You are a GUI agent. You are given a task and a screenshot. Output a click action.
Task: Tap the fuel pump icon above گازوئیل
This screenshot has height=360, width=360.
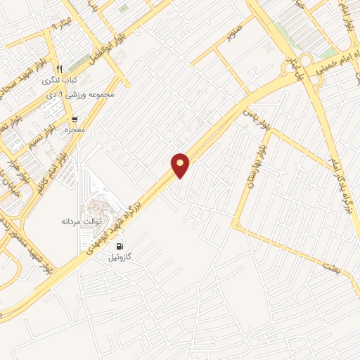(x=122, y=247)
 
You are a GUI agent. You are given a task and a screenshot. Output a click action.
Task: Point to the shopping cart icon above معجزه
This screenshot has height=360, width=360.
(x=75, y=120)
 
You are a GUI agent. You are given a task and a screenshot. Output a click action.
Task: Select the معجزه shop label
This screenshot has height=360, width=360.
(x=75, y=131)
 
